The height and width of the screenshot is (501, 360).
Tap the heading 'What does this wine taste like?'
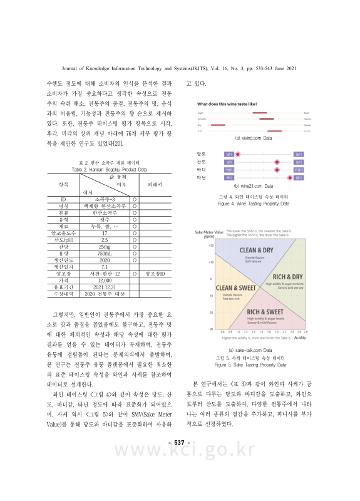pos(227,103)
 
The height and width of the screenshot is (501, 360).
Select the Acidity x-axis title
pos(299,338)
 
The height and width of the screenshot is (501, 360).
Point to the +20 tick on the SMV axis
pos(211,245)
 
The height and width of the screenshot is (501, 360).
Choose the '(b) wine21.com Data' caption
pos(253,186)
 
